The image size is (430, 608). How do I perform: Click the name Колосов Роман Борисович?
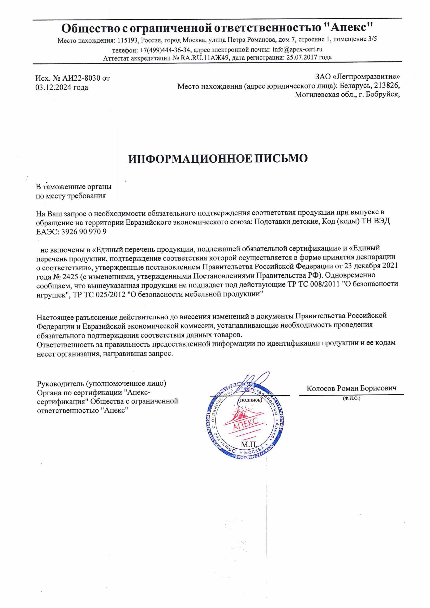click(351, 388)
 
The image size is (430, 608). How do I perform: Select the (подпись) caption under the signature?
click(250, 400)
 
